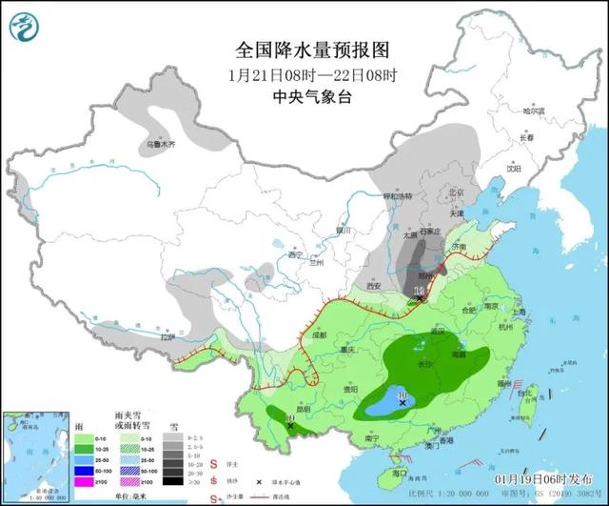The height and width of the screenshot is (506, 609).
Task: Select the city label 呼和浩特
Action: [x=398, y=196]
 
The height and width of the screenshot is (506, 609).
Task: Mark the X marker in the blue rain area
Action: [x=403, y=404]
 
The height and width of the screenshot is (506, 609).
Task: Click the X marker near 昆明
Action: [x=289, y=426]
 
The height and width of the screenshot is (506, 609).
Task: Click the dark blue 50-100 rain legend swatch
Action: [x=85, y=471]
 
